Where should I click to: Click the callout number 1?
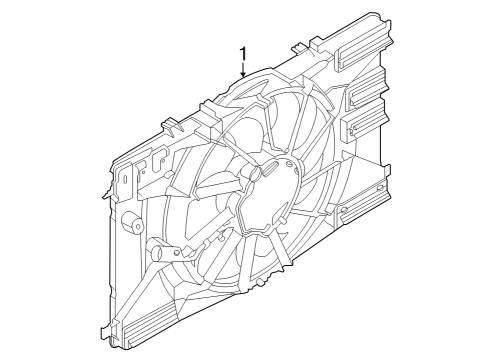coord(242,53)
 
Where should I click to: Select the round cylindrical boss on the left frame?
coord(131,221)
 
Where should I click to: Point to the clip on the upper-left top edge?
coord(172,125)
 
